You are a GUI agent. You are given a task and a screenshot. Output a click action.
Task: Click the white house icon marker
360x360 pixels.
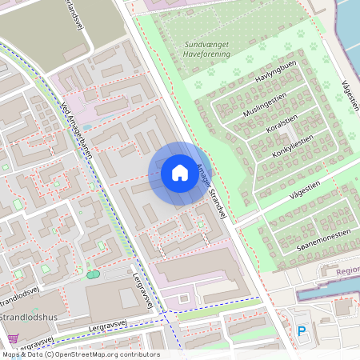pos(179,173)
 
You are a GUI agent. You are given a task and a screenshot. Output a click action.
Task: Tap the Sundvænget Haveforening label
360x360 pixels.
pos(206,49)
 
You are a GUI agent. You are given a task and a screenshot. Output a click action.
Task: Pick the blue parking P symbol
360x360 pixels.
pos(302,330)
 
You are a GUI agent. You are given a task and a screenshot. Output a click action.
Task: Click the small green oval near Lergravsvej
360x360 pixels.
pos(93,274)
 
